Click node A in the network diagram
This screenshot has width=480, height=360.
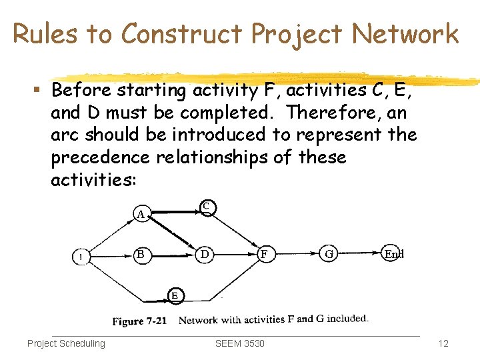pos(140,214)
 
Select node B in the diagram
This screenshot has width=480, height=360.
pos(140,254)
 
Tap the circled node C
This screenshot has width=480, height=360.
pos(206,207)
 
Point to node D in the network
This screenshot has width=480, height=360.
pos(205,254)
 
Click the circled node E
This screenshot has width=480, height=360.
pos(174,295)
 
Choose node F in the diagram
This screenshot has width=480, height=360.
pos(265,254)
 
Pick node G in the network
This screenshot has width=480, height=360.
pos(329,254)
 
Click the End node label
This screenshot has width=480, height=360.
pos(394,254)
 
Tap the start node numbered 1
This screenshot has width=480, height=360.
pos(81,257)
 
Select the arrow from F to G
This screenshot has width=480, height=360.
pos(297,254)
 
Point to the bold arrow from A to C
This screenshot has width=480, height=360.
pos(173,212)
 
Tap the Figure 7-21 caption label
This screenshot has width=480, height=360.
pos(139,321)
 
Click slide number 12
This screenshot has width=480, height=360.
pos(443,343)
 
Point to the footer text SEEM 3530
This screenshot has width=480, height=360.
pos(240,343)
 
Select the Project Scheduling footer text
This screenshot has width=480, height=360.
pos(66,343)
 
